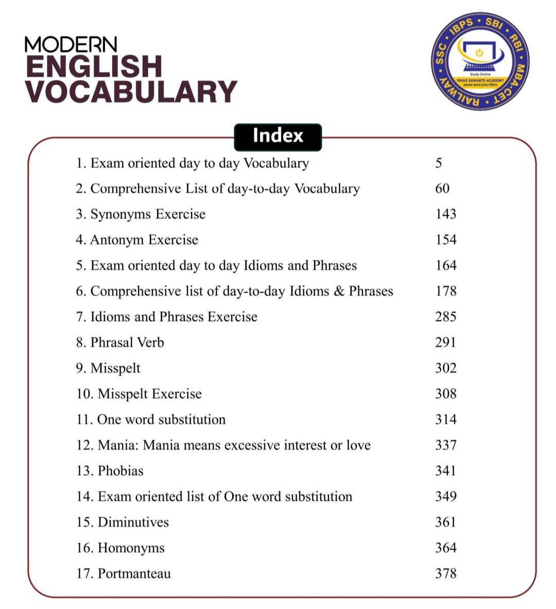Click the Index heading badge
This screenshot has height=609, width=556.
tap(277, 137)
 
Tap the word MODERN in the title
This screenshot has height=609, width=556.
tap(71, 45)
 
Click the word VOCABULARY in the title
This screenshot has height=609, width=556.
tap(131, 92)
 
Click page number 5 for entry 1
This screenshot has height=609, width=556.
tap(439, 163)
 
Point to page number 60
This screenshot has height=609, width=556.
tap(442, 189)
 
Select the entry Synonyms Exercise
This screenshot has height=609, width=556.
tap(141, 214)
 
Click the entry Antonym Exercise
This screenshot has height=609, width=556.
tap(137, 240)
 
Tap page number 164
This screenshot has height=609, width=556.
tap(445, 265)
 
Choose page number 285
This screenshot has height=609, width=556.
tap(445, 317)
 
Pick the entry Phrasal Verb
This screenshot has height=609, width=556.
tap(120, 343)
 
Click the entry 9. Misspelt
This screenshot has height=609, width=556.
tap(108, 368)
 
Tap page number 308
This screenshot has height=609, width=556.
tap(445, 394)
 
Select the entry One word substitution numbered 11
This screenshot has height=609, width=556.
tap(151, 419)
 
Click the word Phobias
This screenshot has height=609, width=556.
tap(120, 471)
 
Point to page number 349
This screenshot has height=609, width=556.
tap(445, 496)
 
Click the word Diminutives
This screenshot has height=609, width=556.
tap(133, 522)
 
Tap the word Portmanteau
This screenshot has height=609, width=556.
tap(134, 573)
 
